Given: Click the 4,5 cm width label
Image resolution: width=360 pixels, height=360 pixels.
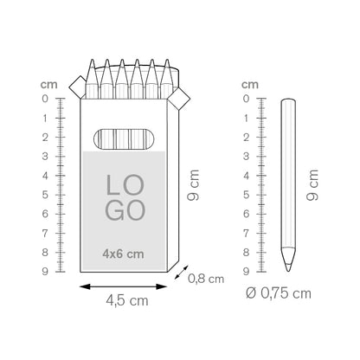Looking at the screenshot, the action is pos(127,300).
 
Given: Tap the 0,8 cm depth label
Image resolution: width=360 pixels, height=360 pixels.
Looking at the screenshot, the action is pos(206,279).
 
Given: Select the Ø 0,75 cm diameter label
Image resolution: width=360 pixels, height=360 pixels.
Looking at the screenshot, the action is pos(279,293).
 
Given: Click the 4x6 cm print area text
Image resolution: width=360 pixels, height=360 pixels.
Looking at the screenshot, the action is pos(123,254).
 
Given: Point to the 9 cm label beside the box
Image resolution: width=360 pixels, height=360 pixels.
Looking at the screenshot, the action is pos(193,184).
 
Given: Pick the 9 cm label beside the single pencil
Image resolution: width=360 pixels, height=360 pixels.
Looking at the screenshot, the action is pos(312,184).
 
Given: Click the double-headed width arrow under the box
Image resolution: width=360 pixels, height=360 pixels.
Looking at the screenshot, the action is pos(123,286).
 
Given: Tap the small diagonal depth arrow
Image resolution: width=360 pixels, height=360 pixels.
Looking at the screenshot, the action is pos(181,273).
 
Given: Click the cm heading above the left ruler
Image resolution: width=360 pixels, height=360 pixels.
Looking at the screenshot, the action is pos(49,85).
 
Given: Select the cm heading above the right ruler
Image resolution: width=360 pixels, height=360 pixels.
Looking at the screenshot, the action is pos(250,85).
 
